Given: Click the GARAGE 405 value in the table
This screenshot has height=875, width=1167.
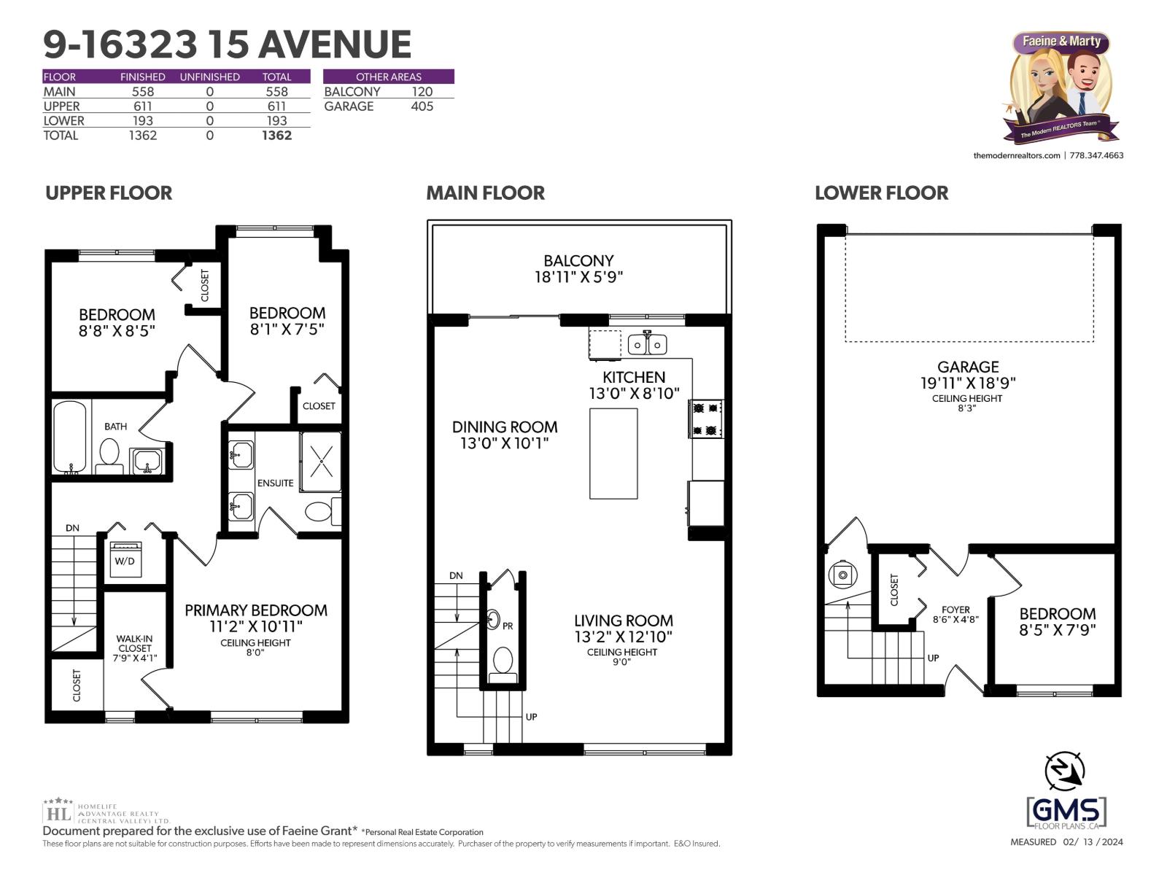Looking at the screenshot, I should (422, 106).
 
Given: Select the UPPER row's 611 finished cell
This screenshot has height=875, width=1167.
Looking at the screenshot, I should (143, 106).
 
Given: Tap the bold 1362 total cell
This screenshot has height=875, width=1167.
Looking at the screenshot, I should (276, 136).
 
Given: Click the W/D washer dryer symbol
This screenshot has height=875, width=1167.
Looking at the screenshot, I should (125, 559).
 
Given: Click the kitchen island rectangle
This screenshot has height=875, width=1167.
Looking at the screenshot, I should (613, 454).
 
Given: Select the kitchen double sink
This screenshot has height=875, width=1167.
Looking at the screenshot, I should (647, 343).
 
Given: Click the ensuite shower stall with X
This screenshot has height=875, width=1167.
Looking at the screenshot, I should (321, 462).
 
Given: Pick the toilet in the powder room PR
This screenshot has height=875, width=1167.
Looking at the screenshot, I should (503, 661).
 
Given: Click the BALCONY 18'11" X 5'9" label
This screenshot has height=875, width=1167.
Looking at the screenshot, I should (578, 268).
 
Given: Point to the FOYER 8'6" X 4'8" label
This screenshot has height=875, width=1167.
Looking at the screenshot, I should (955, 614).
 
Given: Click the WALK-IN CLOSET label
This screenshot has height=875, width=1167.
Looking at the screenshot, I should (134, 647).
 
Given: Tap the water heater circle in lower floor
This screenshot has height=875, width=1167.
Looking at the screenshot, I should (842, 575).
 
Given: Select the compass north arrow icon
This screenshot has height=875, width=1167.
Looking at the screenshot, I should (1066, 771).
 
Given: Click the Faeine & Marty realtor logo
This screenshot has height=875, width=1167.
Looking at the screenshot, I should (1062, 87).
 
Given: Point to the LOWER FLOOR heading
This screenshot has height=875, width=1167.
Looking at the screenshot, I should (881, 193).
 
